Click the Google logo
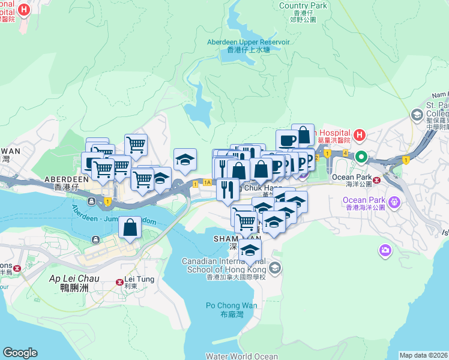tap(20, 353)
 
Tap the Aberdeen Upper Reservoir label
tap(248, 46)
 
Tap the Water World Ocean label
tap(242, 356)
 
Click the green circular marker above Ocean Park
tap(361, 157)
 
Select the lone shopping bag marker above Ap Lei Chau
tap(130, 227)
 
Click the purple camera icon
tap(385, 249)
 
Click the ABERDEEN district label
tap(67, 179)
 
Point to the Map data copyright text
tap(424, 355)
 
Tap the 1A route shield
tap(207, 182)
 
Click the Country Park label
tap(303, 5)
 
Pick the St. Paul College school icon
tap(417, 115)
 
